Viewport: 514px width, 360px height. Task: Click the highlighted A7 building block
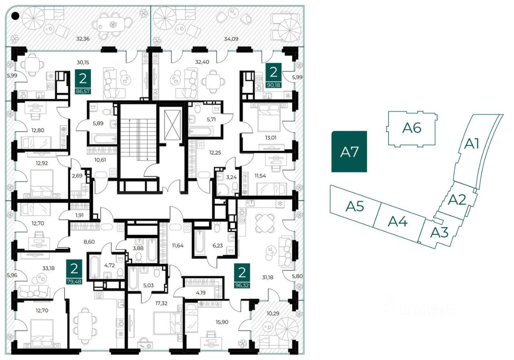tap(349, 152)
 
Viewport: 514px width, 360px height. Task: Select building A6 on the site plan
tap(412, 128)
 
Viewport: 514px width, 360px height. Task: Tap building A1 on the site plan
tap(472, 144)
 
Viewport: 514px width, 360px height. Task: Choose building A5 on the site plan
tap(355, 206)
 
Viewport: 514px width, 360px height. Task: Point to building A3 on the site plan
tap(439, 232)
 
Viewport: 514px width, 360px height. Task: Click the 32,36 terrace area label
tap(83, 39)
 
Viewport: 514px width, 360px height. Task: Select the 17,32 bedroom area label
tap(161, 303)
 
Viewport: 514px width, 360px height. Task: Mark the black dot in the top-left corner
tap(15, 16)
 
